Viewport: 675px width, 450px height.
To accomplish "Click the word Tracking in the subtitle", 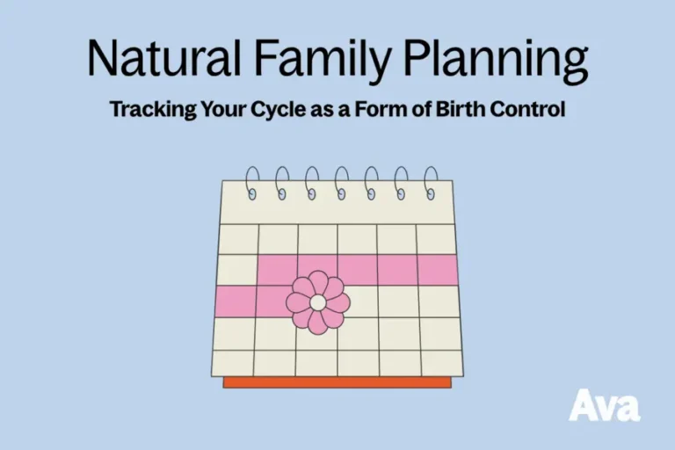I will (147, 111).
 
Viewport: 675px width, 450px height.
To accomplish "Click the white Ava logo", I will (604, 404).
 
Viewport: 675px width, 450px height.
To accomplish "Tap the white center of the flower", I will (318, 302).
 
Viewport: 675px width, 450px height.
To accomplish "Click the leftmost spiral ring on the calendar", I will (252, 182).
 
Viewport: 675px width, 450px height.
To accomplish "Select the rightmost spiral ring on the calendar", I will (431, 182).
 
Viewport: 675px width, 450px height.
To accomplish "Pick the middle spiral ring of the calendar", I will (342, 182).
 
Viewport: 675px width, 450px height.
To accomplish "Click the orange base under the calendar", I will (337, 382).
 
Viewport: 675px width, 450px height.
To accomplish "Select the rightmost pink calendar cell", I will (438, 270).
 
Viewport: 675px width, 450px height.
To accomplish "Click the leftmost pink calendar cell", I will (234, 301).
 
